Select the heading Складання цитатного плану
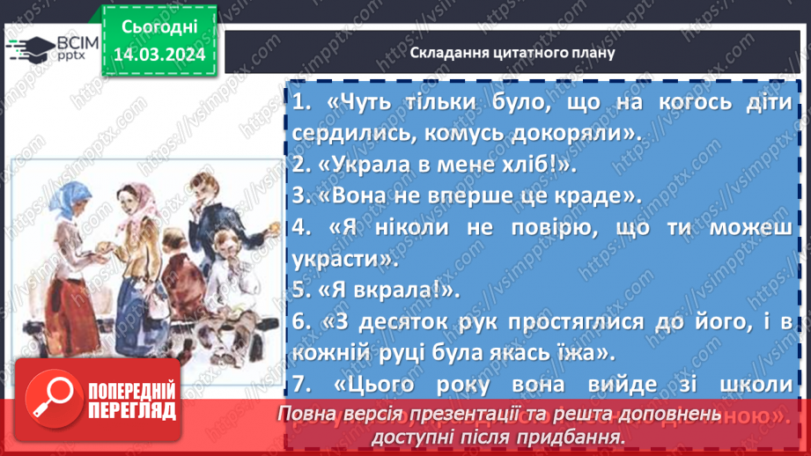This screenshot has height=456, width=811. (512, 52)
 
